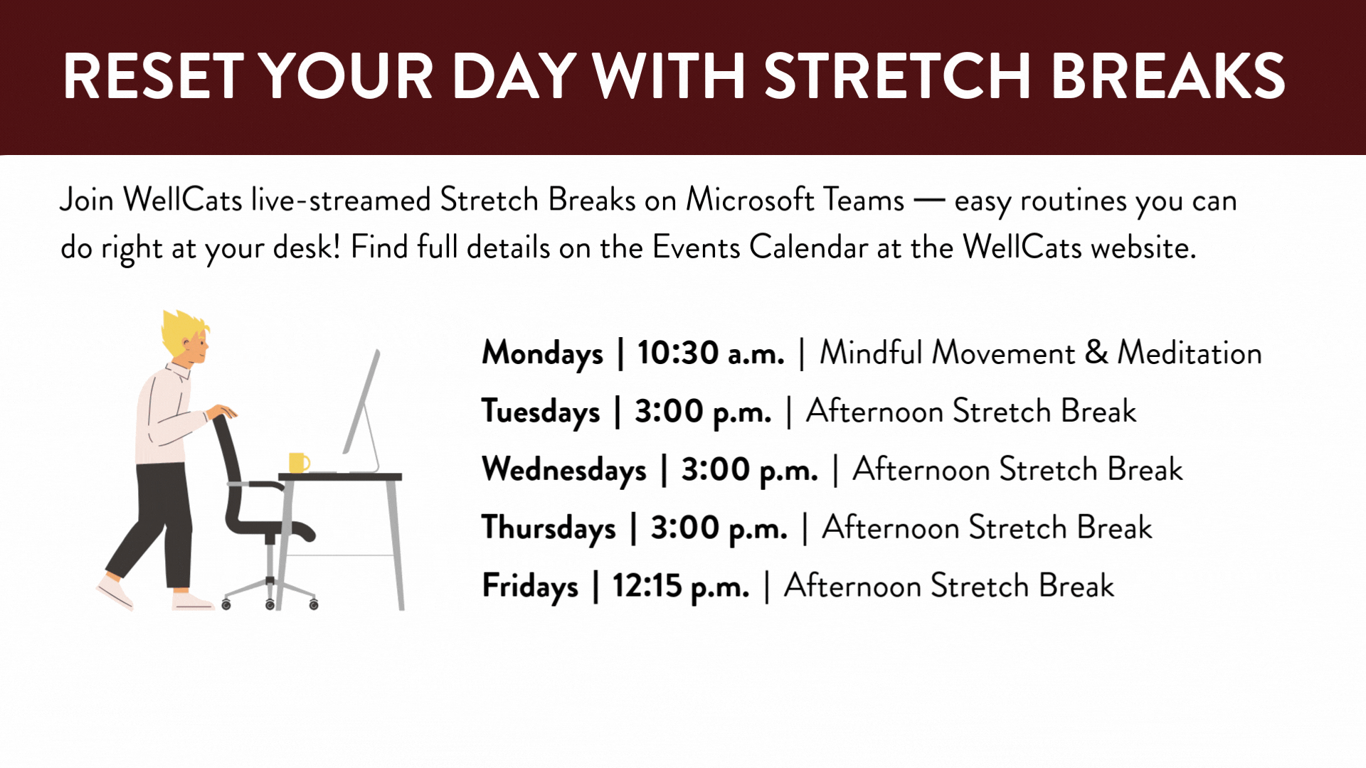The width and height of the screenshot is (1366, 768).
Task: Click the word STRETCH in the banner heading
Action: pyautogui.click(x=897, y=76)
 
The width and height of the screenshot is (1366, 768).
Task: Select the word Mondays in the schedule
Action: pyautogui.click(x=542, y=354)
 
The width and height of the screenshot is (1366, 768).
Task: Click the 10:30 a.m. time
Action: pyautogui.click(x=711, y=353)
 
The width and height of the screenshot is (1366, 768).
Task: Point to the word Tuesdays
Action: pyautogui.click(x=541, y=412)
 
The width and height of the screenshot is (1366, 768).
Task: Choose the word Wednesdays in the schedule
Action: pyautogui.click(x=564, y=470)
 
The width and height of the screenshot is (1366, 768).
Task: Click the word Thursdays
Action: pyautogui.click(x=549, y=528)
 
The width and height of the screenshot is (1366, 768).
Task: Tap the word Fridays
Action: pyautogui.click(x=530, y=587)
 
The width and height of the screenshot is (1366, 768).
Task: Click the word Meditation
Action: pyautogui.click(x=1190, y=353)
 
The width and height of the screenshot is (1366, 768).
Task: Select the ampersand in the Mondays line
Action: pyautogui.click(x=1096, y=353)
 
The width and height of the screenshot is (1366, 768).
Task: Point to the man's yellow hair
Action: pyautogui.click(x=183, y=331)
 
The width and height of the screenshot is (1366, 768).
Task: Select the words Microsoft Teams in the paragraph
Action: pyautogui.click(x=795, y=200)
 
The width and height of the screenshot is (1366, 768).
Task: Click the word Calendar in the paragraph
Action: pyautogui.click(x=808, y=247)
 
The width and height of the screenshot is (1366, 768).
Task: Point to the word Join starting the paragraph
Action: pyautogui.click(x=87, y=200)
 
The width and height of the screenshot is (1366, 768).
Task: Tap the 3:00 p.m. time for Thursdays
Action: pyautogui.click(x=719, y=528)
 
